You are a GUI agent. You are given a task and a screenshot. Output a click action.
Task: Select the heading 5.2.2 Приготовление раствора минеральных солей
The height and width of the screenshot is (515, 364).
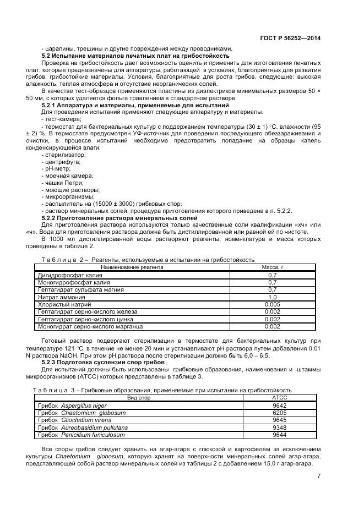[x=119, y=218]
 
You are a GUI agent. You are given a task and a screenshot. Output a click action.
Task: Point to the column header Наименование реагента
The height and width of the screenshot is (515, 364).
[x=132, y=267]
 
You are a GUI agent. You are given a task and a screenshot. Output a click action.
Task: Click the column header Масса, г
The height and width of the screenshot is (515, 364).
[x=272, y=267]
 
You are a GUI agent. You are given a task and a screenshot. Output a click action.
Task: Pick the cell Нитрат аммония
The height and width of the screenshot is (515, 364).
[x=61, y=297]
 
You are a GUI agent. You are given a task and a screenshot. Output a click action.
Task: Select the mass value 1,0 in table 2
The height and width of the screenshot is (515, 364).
[x=272, y=297]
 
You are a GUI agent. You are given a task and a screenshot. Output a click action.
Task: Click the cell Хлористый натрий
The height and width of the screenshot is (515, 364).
[x=63, y=304]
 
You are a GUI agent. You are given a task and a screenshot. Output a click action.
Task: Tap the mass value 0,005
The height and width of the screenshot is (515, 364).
[x=272, y=304]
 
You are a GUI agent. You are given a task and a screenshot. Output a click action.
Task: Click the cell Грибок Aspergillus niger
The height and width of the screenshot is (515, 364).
[x=72, y=405]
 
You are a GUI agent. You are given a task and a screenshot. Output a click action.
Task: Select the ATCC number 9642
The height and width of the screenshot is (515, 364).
[x=279, y=405]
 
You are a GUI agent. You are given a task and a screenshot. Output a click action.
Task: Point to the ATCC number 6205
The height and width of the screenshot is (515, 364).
[x=279, y=412]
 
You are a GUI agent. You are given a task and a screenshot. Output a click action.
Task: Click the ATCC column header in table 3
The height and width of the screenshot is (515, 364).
[x=279, y=397]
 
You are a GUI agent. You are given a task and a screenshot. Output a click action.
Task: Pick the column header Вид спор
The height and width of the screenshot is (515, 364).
[x=139, y=397]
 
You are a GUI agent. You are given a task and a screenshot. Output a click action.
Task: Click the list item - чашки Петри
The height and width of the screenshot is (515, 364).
[x=63, y=183]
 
